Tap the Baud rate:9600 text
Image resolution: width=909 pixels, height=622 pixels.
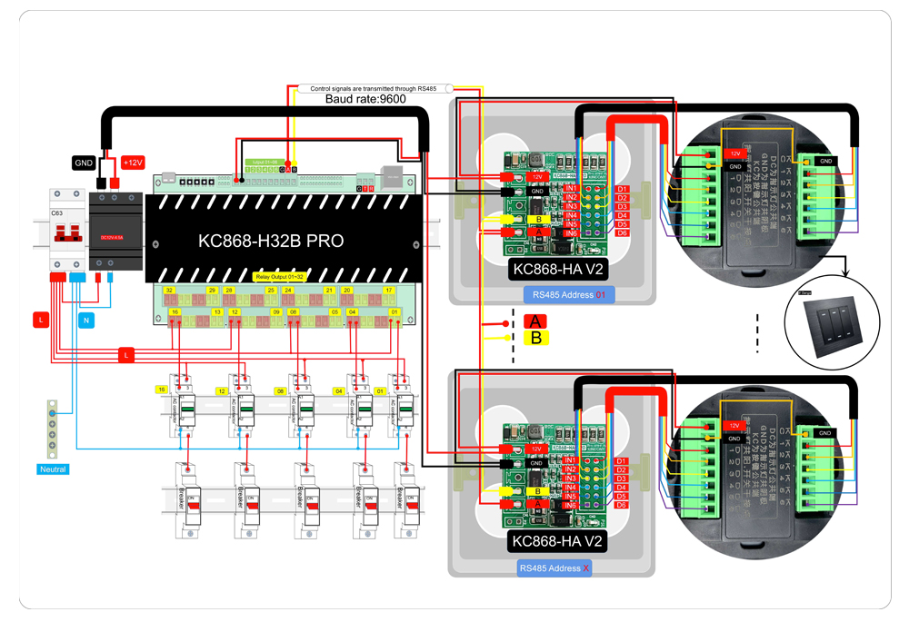(x=365, y=98)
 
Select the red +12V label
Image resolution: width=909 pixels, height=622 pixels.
(x=133, y=163)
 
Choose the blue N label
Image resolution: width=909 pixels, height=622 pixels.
(x=85, y=320)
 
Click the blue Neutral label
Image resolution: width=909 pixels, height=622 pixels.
(x=54, y=469)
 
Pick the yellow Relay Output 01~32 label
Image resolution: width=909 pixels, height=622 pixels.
(x=280, y=276)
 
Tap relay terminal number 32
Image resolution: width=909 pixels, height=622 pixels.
(x=169, y=290)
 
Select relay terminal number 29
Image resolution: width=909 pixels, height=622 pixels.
(x=212, y=290)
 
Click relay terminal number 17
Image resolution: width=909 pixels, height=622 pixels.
(x=389, y=290)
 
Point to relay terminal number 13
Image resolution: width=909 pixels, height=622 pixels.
(x=217, y=311)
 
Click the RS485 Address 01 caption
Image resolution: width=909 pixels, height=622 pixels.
(x=569, y=295)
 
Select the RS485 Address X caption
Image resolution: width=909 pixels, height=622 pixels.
(x=554, y=568)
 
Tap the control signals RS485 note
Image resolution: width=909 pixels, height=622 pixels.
(x=375, y=88)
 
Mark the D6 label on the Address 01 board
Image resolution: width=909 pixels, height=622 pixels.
(x=623, y=233)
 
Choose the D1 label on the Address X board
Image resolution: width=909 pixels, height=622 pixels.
(x=623, y=460)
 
